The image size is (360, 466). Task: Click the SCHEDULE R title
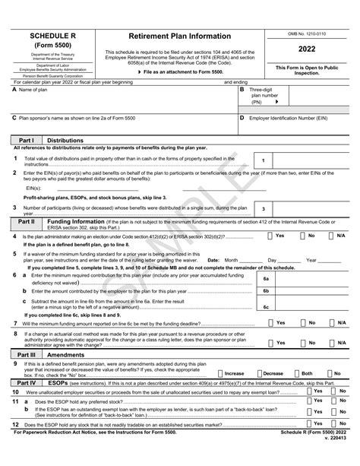click(x=51, y=36)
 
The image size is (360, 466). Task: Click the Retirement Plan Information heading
click(x=179, y=36)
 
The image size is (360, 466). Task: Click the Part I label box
click(x=27, y=141)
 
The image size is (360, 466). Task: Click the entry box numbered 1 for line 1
click(x=263, y=160)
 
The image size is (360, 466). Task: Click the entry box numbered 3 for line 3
click(x=263, y=208)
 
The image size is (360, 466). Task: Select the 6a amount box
click(x=266, y=279)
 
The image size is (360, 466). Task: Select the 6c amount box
click(x=266, y=307)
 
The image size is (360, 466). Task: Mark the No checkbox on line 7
click(x=302, y=322)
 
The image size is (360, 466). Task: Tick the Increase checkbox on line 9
click(x=220, y=373)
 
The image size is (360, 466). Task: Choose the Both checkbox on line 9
click(x=296, y=373)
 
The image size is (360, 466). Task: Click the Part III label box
click(x=27, y=354)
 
